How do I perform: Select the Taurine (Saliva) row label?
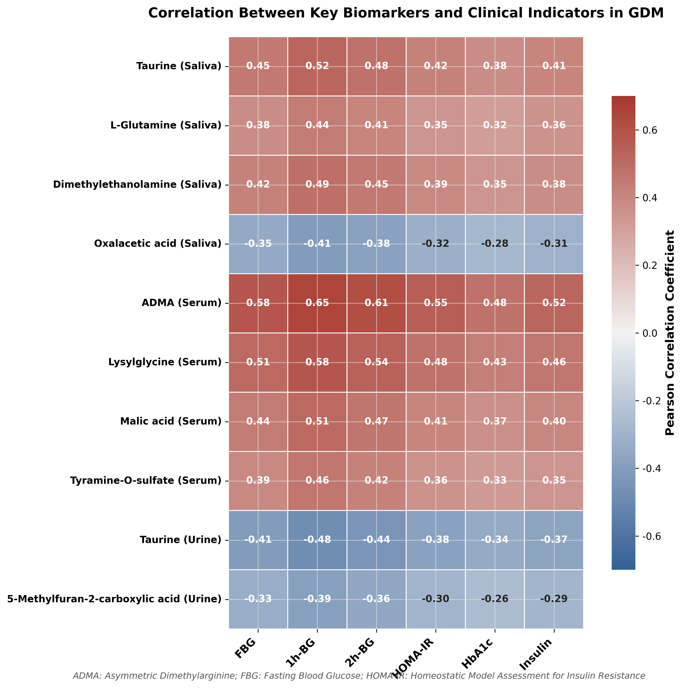[x=179, y=66]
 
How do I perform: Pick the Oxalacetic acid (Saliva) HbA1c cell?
[x=495, y=244]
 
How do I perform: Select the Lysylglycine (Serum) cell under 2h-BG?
[x=376, y=362]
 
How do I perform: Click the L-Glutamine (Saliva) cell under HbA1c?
[x=495, y=125]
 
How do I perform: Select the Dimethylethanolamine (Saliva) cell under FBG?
[x=258, y=185]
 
